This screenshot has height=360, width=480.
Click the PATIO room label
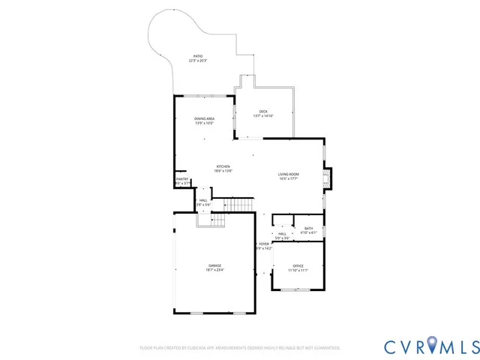click(198, 56)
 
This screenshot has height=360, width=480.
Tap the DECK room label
click(263, 111)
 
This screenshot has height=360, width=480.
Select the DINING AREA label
click(205, 118)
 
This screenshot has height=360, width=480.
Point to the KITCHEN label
click(223, 166)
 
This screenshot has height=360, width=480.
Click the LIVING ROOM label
click(289, 174)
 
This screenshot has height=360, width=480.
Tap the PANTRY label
click(181, 179)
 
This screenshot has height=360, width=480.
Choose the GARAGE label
click(214, 265)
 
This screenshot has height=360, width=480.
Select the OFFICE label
click(298, 265)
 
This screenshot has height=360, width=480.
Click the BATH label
click(309, 229)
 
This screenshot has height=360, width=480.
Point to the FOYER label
click(263, 244)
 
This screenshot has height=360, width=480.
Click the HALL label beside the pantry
click(203, 200)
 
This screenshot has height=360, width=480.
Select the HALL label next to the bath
click(282, 234)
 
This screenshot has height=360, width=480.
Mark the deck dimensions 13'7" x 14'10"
click(263, 115)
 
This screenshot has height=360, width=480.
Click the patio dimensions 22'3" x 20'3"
click(198, 61)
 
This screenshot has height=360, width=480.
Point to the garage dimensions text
click(214, 270)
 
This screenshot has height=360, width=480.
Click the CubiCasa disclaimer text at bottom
click(240, 348)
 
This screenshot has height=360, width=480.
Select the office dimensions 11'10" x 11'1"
click(298, 270)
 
